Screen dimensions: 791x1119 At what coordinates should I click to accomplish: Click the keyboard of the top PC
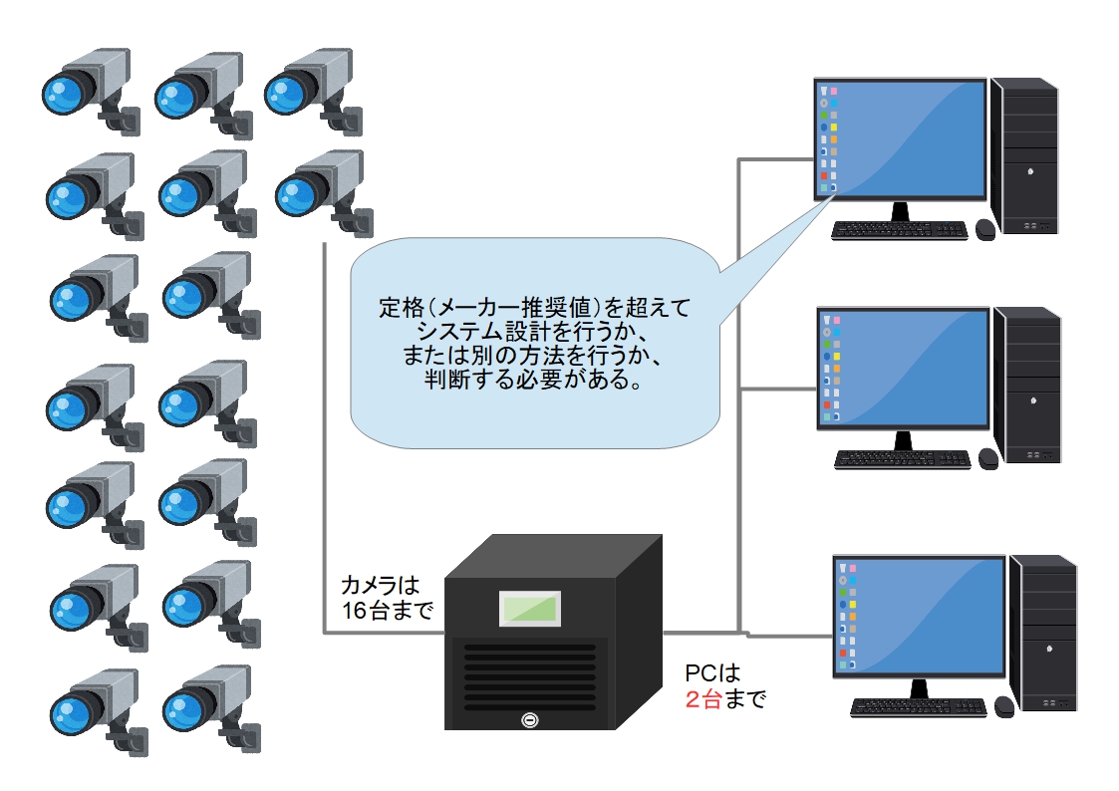point(899,230)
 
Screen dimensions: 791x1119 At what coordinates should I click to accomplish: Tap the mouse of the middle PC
point(987,457)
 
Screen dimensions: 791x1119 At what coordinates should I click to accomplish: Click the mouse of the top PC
point(984,229)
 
